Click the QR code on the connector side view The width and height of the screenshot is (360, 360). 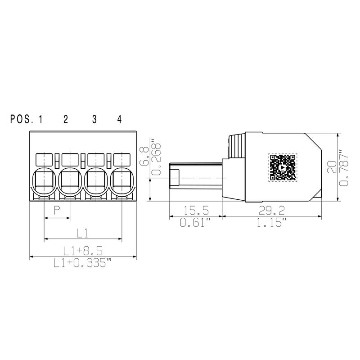283,167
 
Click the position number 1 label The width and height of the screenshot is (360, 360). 40,119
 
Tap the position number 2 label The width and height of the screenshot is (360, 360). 66,119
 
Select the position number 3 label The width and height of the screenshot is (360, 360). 94,119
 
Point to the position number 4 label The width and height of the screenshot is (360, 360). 119,119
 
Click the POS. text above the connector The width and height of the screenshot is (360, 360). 22,119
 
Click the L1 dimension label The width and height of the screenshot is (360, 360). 82,232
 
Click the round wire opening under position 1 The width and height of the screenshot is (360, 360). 44,180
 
